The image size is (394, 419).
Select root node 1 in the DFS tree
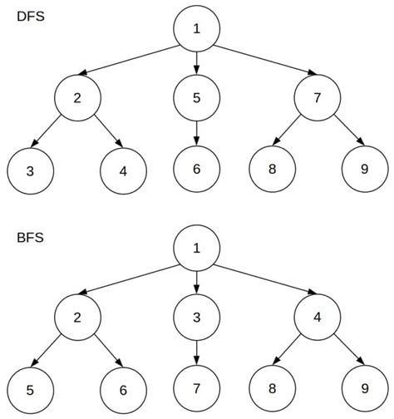click(197, 29)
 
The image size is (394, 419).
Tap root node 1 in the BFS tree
click(197, 249)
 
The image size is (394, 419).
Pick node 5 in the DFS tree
click(197, 98)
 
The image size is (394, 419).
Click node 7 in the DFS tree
click(317, 98)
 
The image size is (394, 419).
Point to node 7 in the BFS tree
click(197, 388)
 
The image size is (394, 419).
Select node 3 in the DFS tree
click(31, 170)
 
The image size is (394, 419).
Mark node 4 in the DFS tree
click(124, 170)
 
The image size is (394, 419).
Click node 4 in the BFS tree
click(317, 318)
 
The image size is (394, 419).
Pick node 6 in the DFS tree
click(197, 169)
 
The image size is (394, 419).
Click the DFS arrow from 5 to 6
click(197, 133)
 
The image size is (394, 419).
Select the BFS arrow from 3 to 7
click(197, 352)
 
